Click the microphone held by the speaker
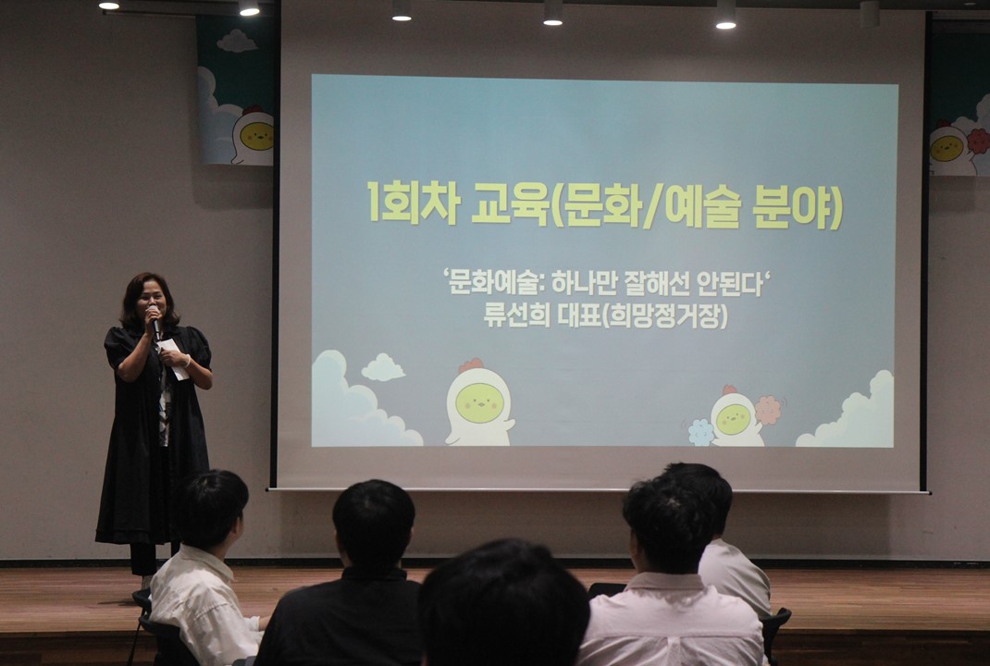155,322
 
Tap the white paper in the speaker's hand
173,358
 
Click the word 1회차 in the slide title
413,203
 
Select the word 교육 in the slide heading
509,203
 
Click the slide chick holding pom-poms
736,416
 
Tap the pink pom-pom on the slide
768,410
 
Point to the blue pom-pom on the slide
700,432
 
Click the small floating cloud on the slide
383,367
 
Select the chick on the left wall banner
253,135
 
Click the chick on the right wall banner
952,148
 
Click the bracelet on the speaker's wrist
187,361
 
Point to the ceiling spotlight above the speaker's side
249,8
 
